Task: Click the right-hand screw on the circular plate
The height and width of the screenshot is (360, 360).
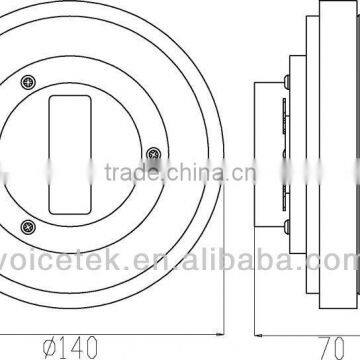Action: point(152,152)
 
